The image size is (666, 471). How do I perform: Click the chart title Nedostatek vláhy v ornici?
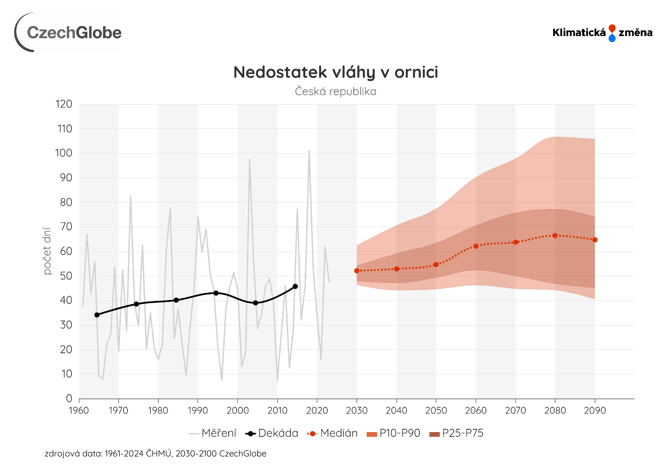[335, 72]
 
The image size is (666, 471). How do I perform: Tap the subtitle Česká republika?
[335, 92]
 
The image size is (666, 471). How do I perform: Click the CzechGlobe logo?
[68, 32]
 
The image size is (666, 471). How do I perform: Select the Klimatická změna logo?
[602, 33]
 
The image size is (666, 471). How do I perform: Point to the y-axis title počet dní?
[47, 251]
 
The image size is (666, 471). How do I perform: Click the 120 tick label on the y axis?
[64, 104]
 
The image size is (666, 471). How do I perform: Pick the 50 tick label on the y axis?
[66, 276]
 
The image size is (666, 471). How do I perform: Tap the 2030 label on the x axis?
[357, 411]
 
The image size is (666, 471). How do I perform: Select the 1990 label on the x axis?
[198, 411]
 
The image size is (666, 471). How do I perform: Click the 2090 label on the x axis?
[595, 411]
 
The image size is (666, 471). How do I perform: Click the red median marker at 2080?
[555, 235]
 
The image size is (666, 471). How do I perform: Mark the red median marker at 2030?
[357, 271]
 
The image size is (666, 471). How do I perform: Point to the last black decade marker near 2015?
[295, 286]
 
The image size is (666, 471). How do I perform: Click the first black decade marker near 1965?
[97, 315]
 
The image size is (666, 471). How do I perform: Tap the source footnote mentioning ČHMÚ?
[155, 454]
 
